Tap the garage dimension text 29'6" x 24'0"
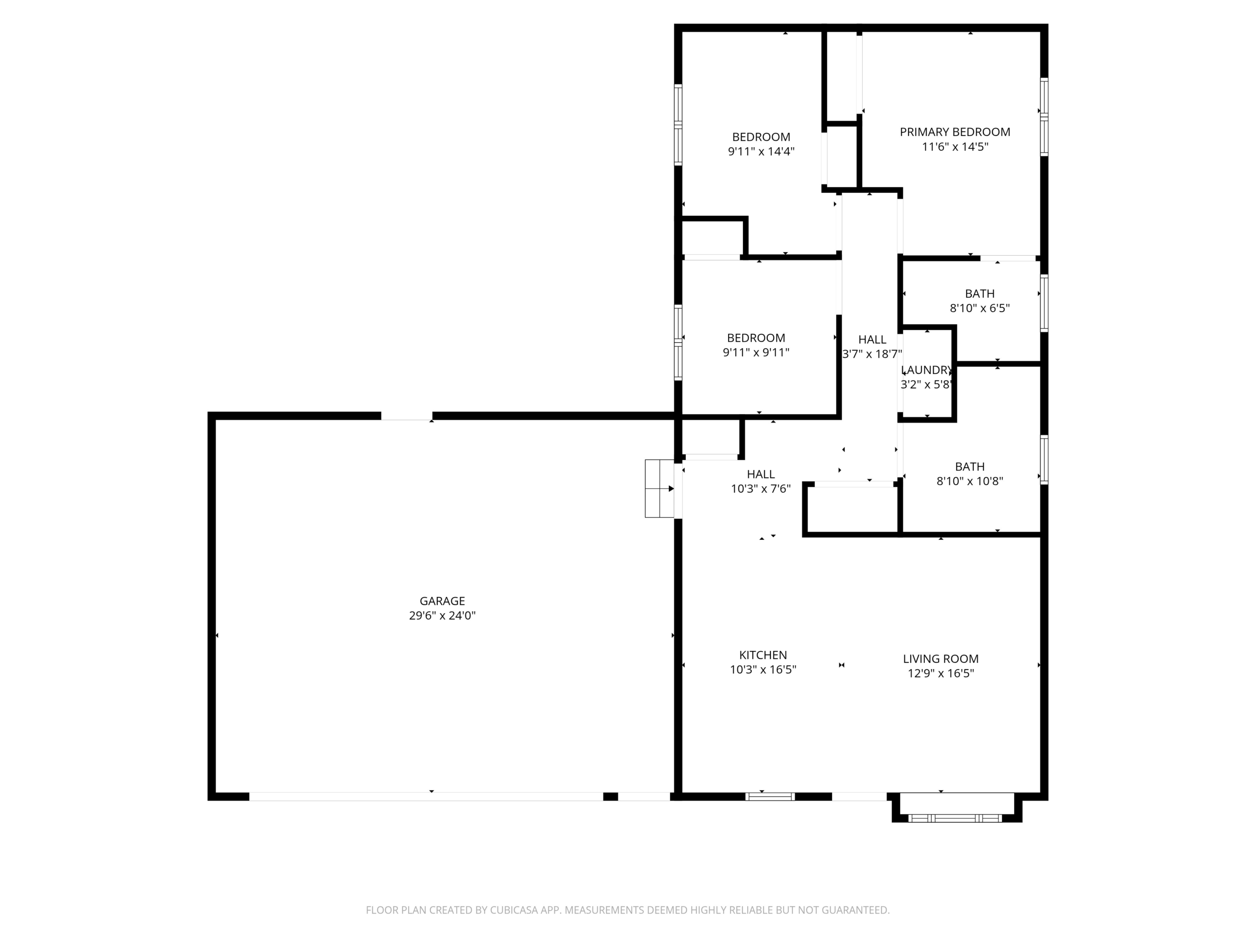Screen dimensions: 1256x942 [x=443, y=616]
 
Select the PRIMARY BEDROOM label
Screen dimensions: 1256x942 [x=955, y=131]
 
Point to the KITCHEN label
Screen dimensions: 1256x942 [x=763, y=654]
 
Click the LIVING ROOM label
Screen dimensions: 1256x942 [x=941, y=658]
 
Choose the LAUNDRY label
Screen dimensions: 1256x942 [x=927, y=369]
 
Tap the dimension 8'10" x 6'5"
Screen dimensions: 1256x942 [x=980, y=308]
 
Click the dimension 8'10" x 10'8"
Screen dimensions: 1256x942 [x=970, y=481]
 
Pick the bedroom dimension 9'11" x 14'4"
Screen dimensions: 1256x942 [x=761, y=152]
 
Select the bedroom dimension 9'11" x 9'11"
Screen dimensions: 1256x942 [x=756, y=353]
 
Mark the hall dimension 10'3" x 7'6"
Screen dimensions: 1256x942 [x=761, y=489]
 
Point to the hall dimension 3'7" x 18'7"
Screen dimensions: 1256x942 [x=872, y=354]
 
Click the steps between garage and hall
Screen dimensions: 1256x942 [x=659, y=488]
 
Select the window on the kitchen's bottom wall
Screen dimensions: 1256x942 [x=770, y=797]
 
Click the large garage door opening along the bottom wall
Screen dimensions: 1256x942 [x=426, y=797]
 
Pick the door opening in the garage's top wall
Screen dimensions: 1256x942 [x=407, y=416]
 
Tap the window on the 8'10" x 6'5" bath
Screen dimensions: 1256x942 [x=1044, y=303]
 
